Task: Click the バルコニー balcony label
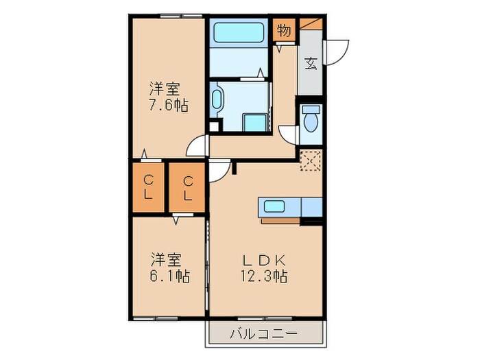[x=264, y=334]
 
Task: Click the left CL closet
[x=148, y=187]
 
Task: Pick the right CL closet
[x=187, y=187]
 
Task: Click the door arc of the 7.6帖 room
[x=198, y=145]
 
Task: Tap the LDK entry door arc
[x=219, y=172]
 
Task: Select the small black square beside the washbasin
[x=214, y=126]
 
